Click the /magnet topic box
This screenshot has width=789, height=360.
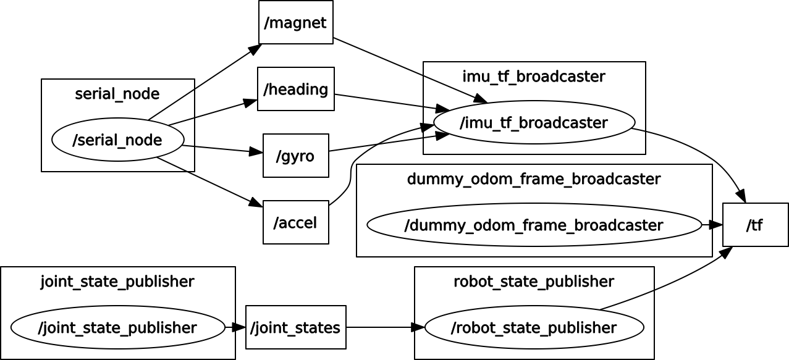(295, 23)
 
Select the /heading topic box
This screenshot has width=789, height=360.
(295, 89)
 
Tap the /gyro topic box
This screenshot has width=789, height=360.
(295, 156)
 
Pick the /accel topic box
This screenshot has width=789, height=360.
(295, 222)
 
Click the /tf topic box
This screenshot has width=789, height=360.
(755, 225)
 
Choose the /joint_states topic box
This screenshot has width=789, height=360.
(295, 327)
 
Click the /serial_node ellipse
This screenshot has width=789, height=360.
(117, 140)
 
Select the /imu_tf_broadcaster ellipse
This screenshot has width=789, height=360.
(534, 122)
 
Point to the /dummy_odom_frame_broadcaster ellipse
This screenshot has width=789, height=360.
(534, 225)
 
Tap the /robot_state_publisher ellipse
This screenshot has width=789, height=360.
(534, 327)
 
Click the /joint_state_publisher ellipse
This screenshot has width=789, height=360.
(117, 327)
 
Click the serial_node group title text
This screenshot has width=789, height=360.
(117, 94)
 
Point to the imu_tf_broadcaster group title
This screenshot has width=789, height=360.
(534, 77)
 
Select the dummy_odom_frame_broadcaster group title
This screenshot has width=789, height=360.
(534, 179)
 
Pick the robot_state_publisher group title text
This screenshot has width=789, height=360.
(534, 282)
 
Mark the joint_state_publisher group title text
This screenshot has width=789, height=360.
(117, 282)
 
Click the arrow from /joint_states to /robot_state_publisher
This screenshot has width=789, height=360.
(383, 327)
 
